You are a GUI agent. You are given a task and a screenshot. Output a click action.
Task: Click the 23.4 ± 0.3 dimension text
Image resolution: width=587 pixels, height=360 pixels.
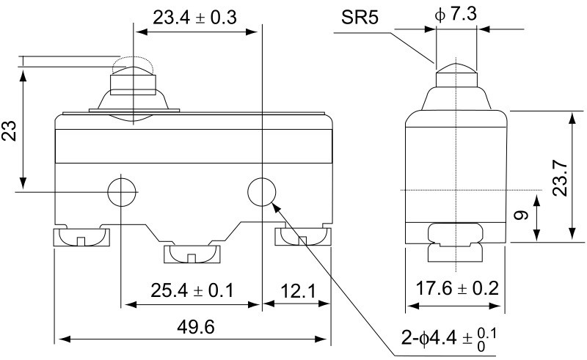(194, 18)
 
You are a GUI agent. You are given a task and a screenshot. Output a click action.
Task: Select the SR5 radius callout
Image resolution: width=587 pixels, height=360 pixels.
(360, 17)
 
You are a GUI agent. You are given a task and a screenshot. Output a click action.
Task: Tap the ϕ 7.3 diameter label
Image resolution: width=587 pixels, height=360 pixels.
(456, 14)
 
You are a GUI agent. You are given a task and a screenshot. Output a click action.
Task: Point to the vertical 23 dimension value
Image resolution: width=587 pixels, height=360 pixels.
(10, 131)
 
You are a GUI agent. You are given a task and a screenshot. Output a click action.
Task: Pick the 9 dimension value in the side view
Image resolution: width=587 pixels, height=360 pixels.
(521, 215)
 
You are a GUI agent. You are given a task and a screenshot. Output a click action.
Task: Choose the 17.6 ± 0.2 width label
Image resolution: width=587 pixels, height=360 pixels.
(457, 288)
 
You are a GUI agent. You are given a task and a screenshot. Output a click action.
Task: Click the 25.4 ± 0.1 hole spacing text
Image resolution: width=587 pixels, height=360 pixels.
(192, 290)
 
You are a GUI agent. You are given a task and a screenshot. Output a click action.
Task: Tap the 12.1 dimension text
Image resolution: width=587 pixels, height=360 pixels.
(298, 291)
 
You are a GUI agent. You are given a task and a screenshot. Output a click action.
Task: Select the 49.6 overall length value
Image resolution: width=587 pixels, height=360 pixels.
(196, 327)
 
